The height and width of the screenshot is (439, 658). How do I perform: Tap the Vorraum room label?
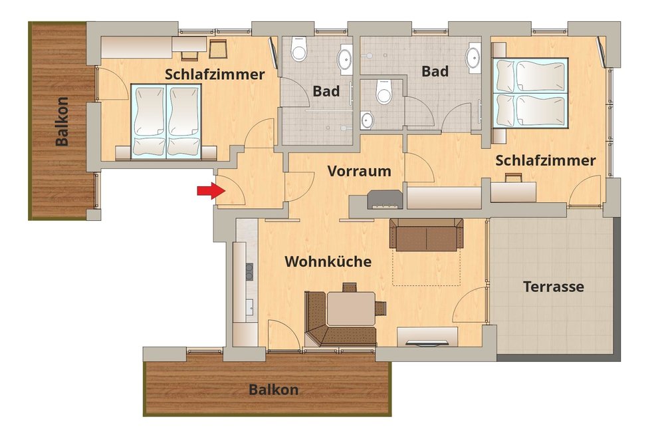click(x=359, y=171)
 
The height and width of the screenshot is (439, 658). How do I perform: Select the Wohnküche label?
click(x=328, y=261)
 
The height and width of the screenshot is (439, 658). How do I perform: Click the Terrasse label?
click(x=554, y=287)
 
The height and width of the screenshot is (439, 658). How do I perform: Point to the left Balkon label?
click(x=62, y=121)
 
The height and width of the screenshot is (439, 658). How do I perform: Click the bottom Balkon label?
click(x=274, y=389)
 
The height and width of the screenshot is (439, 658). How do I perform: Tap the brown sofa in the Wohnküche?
click(x=427, y=234)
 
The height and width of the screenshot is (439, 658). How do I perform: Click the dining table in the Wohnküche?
click(x=351, y=309)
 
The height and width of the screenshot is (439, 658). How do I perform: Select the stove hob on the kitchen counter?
click(x=249, y=271)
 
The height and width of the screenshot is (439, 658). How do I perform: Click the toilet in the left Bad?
click(x=299, y=50)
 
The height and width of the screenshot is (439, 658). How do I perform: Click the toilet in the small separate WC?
click(x=384, y=92)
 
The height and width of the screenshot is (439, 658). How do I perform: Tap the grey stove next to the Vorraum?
click(x=384, y=200)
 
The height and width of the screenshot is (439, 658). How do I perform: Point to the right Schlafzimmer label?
click(x=546, y=160)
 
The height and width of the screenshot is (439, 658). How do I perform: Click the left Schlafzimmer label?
click(x=215, y=74)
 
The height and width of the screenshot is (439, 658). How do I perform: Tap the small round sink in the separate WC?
click(x=367, y=120)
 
